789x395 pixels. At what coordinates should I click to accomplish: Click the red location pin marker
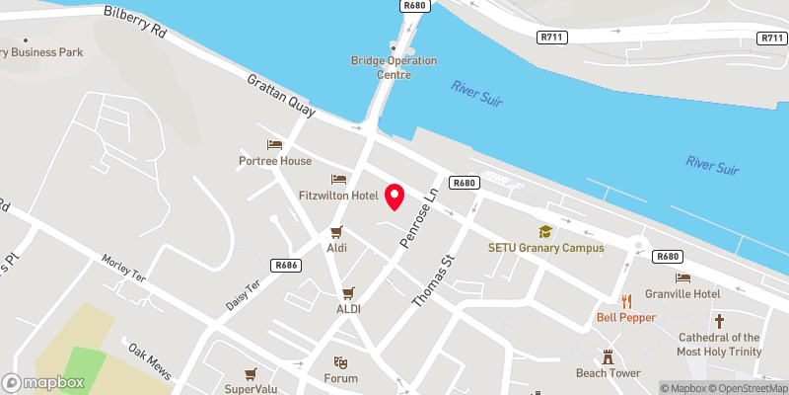pyautogui.click(x=395, y=197)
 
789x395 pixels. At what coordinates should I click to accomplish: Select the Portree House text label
pyautogui.click(x=274, y=161)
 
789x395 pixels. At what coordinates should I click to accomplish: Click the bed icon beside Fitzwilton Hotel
pyautogui.click(x=339, y=180)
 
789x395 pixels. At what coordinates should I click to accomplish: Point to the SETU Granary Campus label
pyautogui.click(x=545, y=248)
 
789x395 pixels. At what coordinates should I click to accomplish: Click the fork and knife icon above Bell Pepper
pyautogui.click(x=625, y=301)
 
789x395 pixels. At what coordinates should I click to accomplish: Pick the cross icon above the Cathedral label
pyautogui.click(x=719, y=321)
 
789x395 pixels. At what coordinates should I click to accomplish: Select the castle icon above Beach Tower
pyautogui.click(x=609, y=356)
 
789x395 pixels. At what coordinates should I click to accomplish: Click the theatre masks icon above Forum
pyautogui.click(x=340, y=362)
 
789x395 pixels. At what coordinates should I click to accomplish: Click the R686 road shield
pyautogui.click(x=286, y=265)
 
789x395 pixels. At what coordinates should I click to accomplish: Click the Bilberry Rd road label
pyautogui.click(x=135, y=20)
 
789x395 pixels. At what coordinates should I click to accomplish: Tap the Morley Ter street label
pyautogui.click(x=123, y=270)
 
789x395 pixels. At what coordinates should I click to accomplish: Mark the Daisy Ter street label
pyautogui.click(x=243, y=293)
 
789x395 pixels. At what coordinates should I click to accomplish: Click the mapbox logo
pyautogui.click(x=43, y=382)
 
